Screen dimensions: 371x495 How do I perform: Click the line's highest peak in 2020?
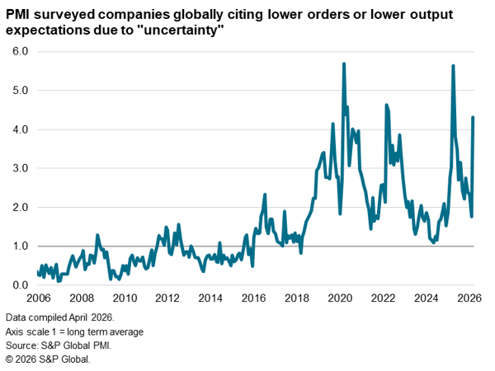pyautogui.click(x=343, y=63)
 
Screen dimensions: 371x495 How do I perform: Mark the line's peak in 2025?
pyautogui.click(x=453, y=65)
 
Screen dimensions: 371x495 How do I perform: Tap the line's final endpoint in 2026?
pyautogui.click(x=473, y=117)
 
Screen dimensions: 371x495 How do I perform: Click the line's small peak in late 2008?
pyautogui.click(x=97, y=235)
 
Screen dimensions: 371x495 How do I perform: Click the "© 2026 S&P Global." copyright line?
pyautogui.click(x=48, y=359)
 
